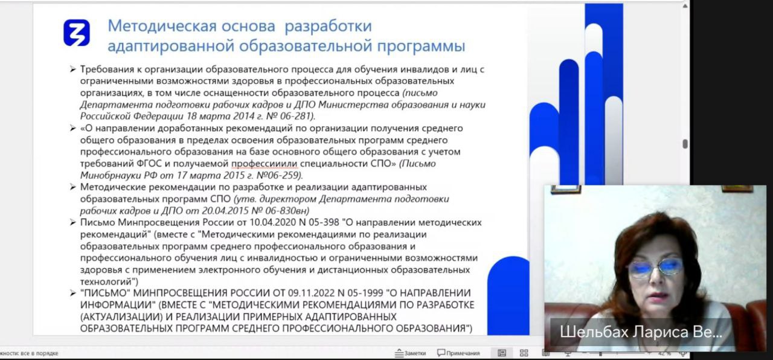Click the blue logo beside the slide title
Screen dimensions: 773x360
(x=77, y=33)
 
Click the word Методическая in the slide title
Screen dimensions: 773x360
(x=162, y=26)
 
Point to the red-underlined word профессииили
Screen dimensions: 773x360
(x=265, y=163)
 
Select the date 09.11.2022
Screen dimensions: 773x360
(x=311, y=293)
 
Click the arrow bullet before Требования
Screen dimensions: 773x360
(x=72, y=69)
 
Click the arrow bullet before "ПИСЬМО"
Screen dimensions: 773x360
(x=72, y=293)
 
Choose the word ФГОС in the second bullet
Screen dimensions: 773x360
(x=150, y=163)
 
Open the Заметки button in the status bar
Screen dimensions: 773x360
(x=410, y=353)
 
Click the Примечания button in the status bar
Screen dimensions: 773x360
(x=458, y=353)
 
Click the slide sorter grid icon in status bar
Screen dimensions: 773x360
(x=524, y=353)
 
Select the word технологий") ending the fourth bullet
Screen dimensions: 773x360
(x=109, y=281)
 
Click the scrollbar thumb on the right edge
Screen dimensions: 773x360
(x=685, y=144)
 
